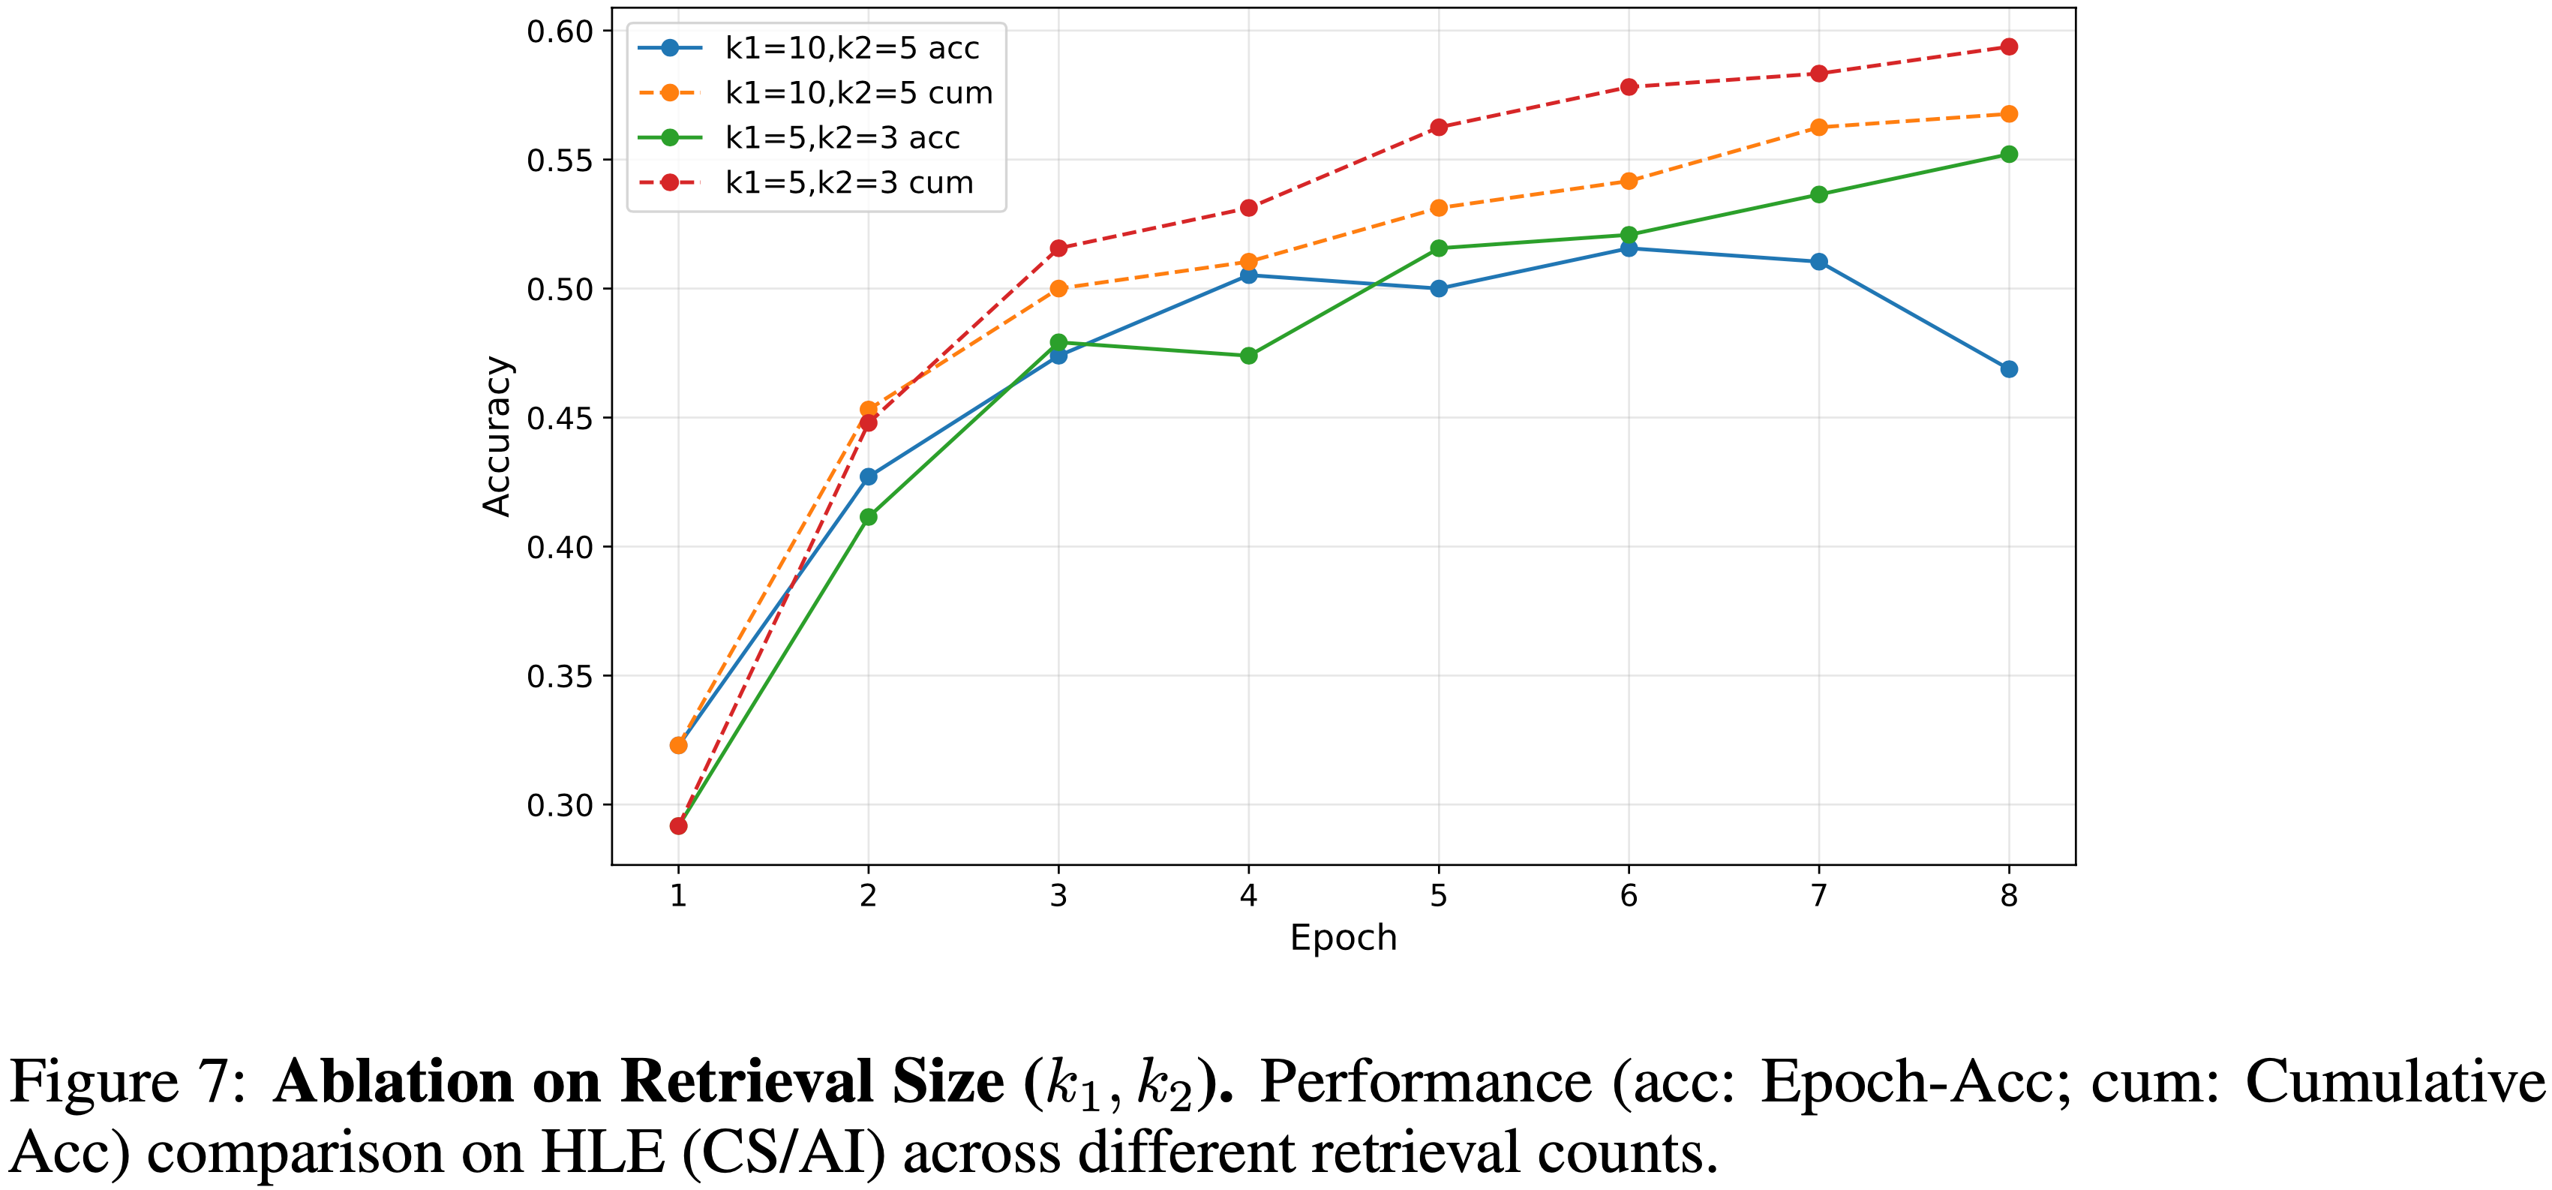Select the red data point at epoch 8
[x=2008, y=47]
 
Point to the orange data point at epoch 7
[x=1818, y=128]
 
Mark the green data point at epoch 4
[x=1248, y=356]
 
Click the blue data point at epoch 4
[x=1248, y=275]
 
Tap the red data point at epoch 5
[x=1439, y=128]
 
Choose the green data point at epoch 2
[x=868, y=517]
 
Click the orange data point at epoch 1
[x=679, y=745]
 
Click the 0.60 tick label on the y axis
[x=560, y=32]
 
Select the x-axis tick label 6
[x=1629, y=896]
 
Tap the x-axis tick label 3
[x=1058, y=896]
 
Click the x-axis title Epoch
[x=1342, y=937]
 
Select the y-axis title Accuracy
[x=497, y=436]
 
